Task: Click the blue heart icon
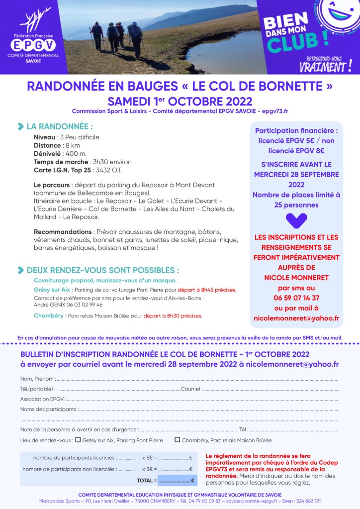296,220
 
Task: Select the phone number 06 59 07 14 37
296,298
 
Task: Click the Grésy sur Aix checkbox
78,440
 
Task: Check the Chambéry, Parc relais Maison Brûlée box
177,440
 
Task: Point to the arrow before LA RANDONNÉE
20,126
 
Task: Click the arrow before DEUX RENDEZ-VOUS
20,270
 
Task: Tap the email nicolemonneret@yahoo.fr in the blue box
296,318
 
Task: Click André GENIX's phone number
81,305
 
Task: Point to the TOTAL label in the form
146,481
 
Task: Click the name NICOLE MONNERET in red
296,277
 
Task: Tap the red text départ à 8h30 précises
173,315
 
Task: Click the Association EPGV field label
42,399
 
